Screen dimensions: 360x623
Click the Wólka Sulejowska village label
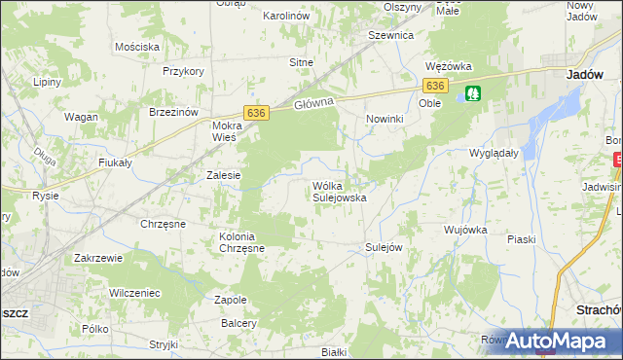pyautogui.click(x=338, y=191)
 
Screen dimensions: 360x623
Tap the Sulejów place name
pyautogui.click(x=384, y=247)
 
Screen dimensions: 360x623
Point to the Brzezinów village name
pyautogui.click(x=174, y=112)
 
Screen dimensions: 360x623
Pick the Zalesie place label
pyautogui.click(x=224, y=175)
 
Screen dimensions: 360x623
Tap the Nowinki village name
pyautogui.click(x=385, y=118)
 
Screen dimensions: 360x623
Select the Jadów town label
pyautogui.click(x=587, y=74)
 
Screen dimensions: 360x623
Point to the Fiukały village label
pyautogui.click(x=114, y=162)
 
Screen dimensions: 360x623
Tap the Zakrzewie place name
pyautogui.click(x=98, y=259)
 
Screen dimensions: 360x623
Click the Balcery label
pyautogui.click(x=238, y=323)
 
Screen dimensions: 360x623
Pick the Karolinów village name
pyautogui.click(x=286, y=17)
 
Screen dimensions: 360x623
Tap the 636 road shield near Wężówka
pyautogui.click(x=436, y=87)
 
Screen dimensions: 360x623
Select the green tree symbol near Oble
pyautogui.click(x=473, y=93)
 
